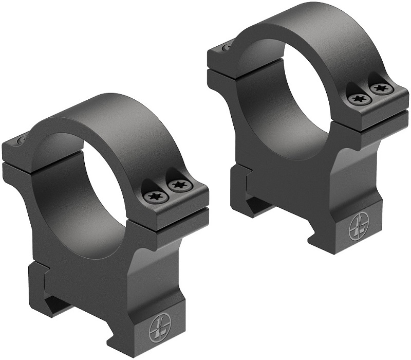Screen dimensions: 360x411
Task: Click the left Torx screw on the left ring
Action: (x=154, y=195)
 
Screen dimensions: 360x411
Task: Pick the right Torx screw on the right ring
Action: (x=380, y=89)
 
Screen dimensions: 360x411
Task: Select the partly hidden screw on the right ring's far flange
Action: (x=227, y=47)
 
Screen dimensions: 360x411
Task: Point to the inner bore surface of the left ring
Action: (x=67, y=185)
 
